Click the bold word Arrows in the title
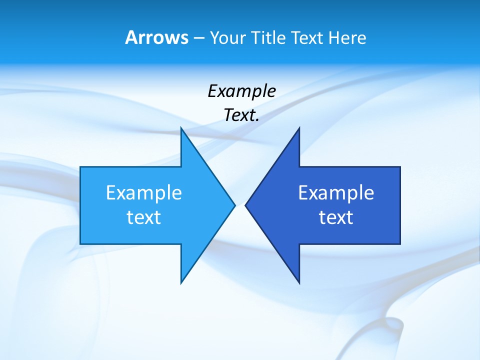pos(156,37)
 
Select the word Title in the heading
pos(268,37)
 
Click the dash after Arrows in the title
pos(198,38)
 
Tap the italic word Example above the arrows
pos(241,91)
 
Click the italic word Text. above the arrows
pos(241,115)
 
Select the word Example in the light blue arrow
pos(144,192)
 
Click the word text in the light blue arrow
pos(144,217)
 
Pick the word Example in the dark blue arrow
pos(336,192)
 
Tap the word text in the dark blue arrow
pos(336,217)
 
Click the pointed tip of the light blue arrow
pos(234,205)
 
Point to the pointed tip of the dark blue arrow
pos(246,205)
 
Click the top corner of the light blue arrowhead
pos(181,128)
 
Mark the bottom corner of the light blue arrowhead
pos(181,282)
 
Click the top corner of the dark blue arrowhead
pos(299,128)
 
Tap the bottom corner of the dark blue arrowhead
pos(299,282)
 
